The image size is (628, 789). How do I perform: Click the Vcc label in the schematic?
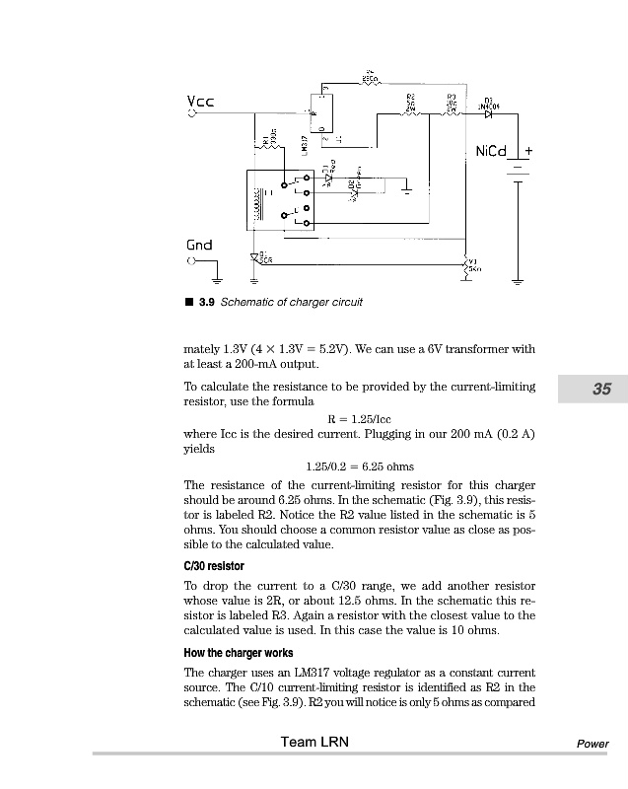pos(200,103)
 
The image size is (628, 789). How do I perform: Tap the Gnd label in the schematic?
pos(199,245)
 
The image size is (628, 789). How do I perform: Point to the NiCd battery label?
pos(489,152)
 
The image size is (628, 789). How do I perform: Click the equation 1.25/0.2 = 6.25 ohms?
pos(360,466)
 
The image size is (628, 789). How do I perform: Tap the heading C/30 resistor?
pos(214,566)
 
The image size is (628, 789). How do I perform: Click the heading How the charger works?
pos(238,653)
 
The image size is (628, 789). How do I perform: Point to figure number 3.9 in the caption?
pos(207,302)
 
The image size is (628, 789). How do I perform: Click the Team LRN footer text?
pos(313,742)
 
